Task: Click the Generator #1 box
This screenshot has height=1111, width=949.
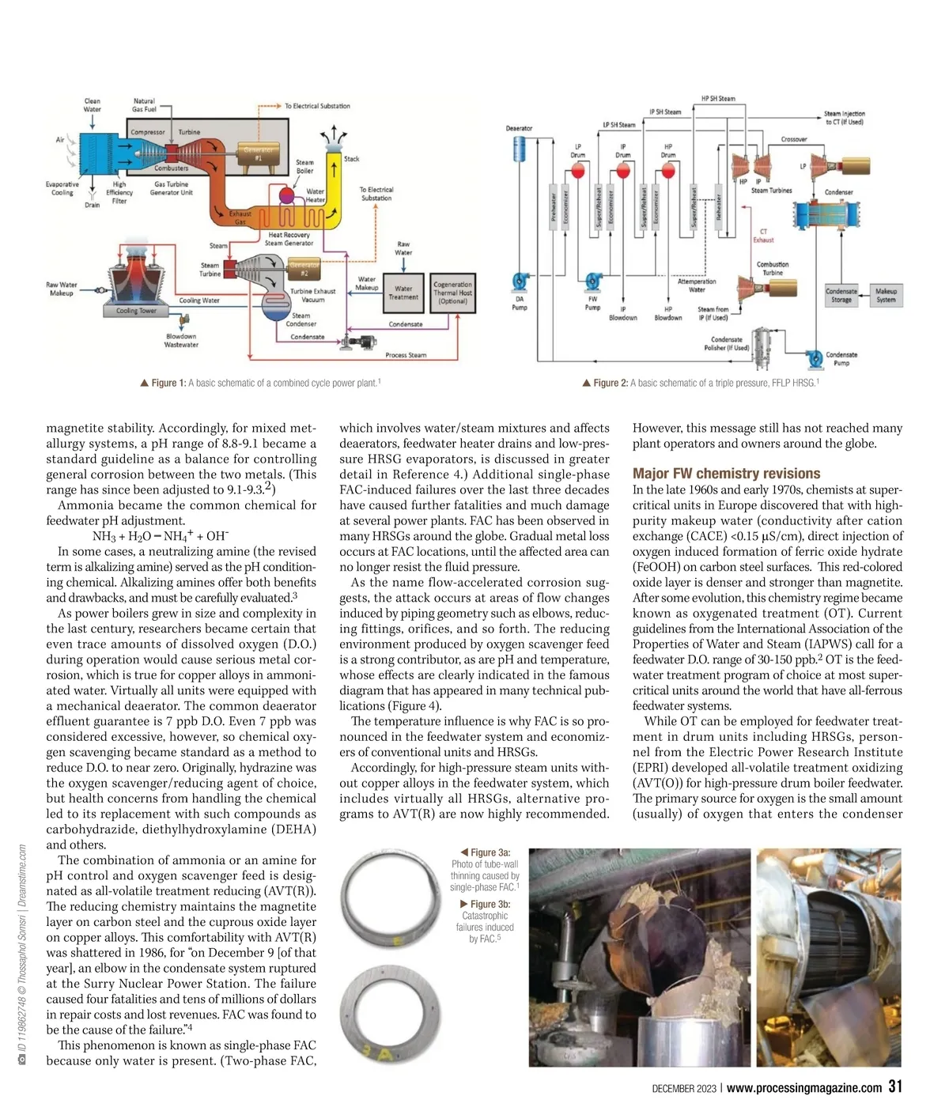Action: click(258, 153)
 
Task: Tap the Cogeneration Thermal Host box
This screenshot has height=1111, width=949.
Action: click(453, 293)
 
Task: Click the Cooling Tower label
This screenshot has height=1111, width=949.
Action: click(136, 311)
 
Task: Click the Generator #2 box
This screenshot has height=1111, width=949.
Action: click(304, 269)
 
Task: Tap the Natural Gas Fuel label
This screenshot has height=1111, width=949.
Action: click(144, 105)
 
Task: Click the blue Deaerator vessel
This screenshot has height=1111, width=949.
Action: click(520, 149)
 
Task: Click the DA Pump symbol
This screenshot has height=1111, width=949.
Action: click(520, 282)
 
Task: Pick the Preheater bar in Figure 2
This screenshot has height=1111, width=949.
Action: click(554, 210)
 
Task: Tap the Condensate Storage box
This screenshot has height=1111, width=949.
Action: click(841, 295)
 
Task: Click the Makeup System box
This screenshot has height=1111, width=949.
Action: click(886, 295)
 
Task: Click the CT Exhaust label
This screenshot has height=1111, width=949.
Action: click(763, 236)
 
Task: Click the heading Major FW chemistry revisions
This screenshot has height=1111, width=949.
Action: click(726, 474)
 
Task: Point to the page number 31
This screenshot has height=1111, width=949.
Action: click(894, 1086)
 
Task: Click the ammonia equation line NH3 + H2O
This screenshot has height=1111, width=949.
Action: click(161, 536)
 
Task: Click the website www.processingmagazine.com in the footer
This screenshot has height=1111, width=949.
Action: click(803, 1088)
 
